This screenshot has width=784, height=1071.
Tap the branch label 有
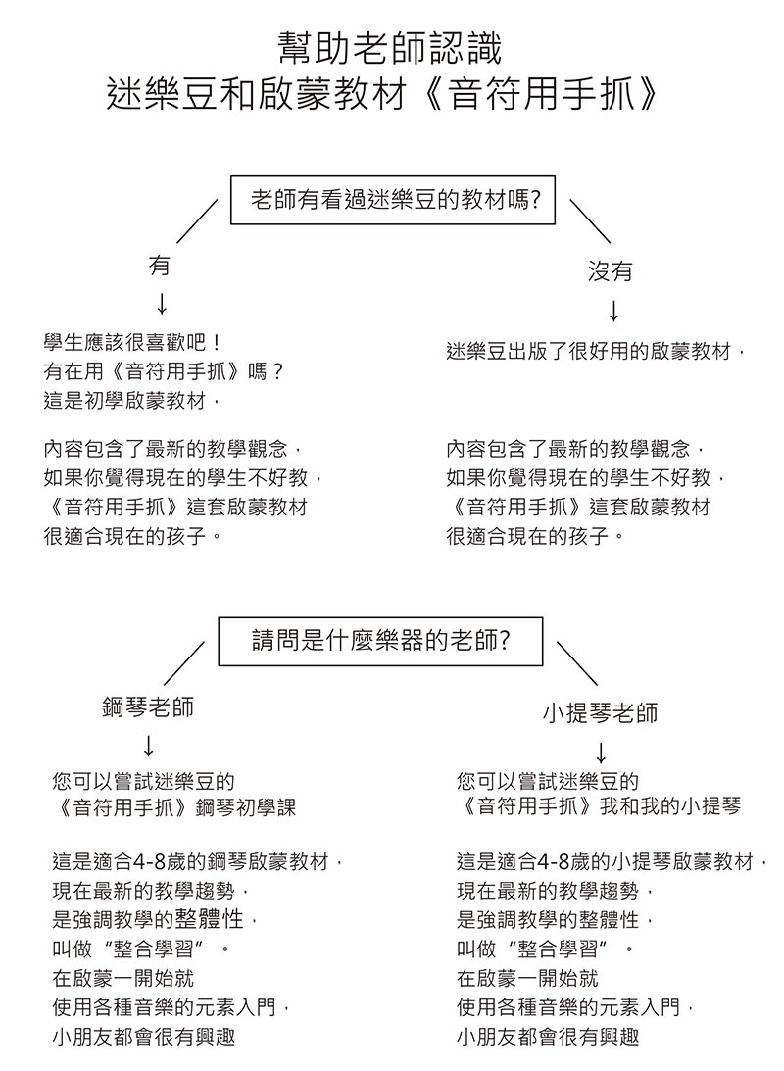160,265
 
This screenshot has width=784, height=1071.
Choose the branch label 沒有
611,271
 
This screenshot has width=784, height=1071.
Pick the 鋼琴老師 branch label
148,706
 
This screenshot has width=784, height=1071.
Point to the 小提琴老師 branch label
601,713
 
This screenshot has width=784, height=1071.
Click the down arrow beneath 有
162,304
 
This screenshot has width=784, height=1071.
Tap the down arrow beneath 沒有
613,311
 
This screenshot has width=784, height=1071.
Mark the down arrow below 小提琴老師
601,753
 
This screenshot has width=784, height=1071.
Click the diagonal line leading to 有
197,221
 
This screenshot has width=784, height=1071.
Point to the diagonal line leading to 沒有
590,221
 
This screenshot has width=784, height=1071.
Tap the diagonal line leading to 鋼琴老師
183,662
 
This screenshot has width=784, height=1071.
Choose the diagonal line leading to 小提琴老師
577,662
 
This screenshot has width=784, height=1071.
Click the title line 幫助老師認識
391,48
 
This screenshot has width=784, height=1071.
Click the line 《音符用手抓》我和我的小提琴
600,806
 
